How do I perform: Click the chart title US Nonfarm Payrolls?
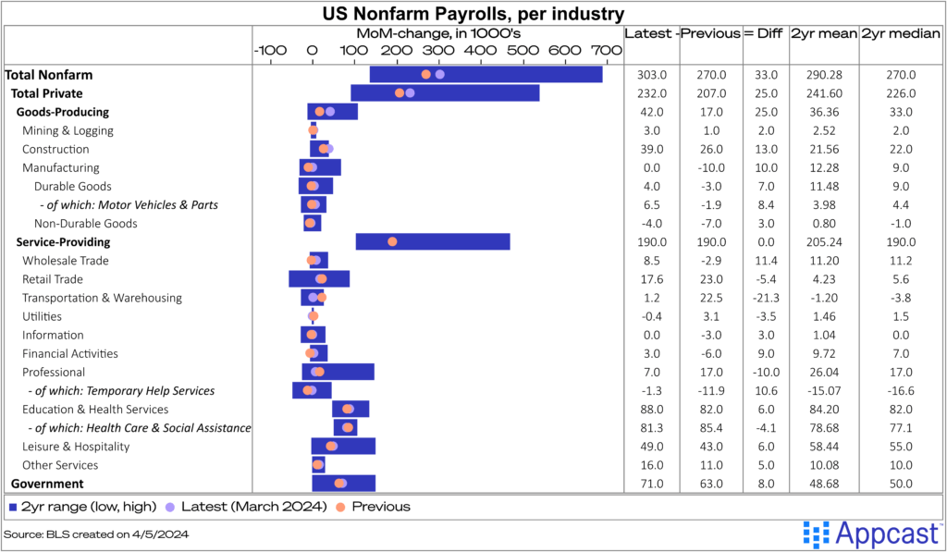click(x=473, y=13)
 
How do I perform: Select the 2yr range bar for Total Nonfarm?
click(x=486, y=75)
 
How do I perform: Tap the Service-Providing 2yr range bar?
click(x=433, y=241)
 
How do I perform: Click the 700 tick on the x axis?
click(x=606, y=50)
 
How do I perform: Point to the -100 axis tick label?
click(x=269, y=50)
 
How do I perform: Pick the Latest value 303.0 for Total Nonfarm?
click(x=652, y=75)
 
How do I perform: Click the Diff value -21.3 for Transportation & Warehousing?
click(x=767, y=298)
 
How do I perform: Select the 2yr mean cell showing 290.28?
click(x=823, y=75)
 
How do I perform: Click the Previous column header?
click(x=710, y=33)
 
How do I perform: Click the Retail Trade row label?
click(x=53, y=279)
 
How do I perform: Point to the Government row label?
click(x=47, y=484)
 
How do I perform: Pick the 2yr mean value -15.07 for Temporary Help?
click(x=823, y=391)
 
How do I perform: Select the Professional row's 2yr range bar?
click(x=338, y=372)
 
